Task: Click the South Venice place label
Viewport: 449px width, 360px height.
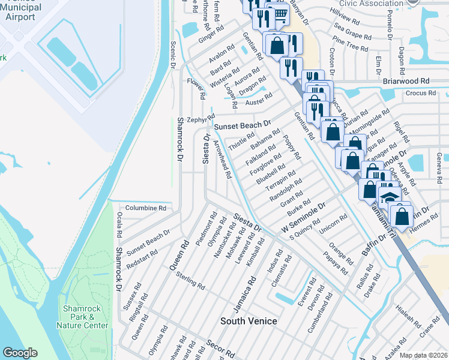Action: (x=249, y=321)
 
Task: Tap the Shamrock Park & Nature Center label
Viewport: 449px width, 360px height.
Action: (x=85, y=317)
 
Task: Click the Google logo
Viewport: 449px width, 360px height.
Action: (x=20, y=353)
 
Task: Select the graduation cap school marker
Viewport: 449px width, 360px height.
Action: (x=388, y=196)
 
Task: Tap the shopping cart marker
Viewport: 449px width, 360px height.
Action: (x=278, y=13)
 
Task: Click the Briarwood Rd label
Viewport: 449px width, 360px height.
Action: (x=406, y=80)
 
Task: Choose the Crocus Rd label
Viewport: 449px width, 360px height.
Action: (x=420, y=93)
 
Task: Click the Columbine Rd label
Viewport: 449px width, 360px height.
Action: (x=145, y=208)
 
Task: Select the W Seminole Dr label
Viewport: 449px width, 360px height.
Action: (x=303, y=218)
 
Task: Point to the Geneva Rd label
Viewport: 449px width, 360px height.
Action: (x=439, y=161)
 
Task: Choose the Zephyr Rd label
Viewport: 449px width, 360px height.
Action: (x=201, y=118)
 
